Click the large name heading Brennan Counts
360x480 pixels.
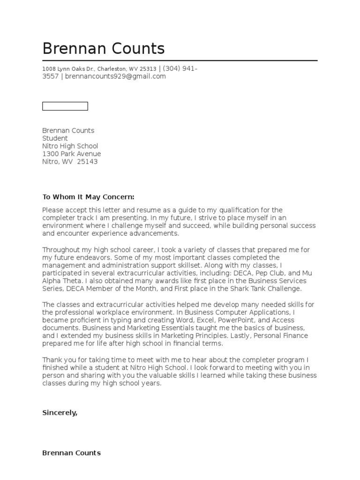[x=104, y=49]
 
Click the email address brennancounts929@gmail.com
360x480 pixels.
[x=115, y=76]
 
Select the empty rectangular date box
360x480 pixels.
[x=65, y=106]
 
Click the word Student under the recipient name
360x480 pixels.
[x=55, y=138]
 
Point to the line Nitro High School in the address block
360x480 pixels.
[x=70, y=146]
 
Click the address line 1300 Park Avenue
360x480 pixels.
[x=71, y=154]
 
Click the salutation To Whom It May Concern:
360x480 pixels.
[x=88, y=197]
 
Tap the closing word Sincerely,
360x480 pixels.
[x=60, y=412]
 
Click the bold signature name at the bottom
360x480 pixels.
[x=71, y=453]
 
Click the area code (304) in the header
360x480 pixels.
[x=171, y=69]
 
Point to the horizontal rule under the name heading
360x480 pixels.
[x=180, y=60]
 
